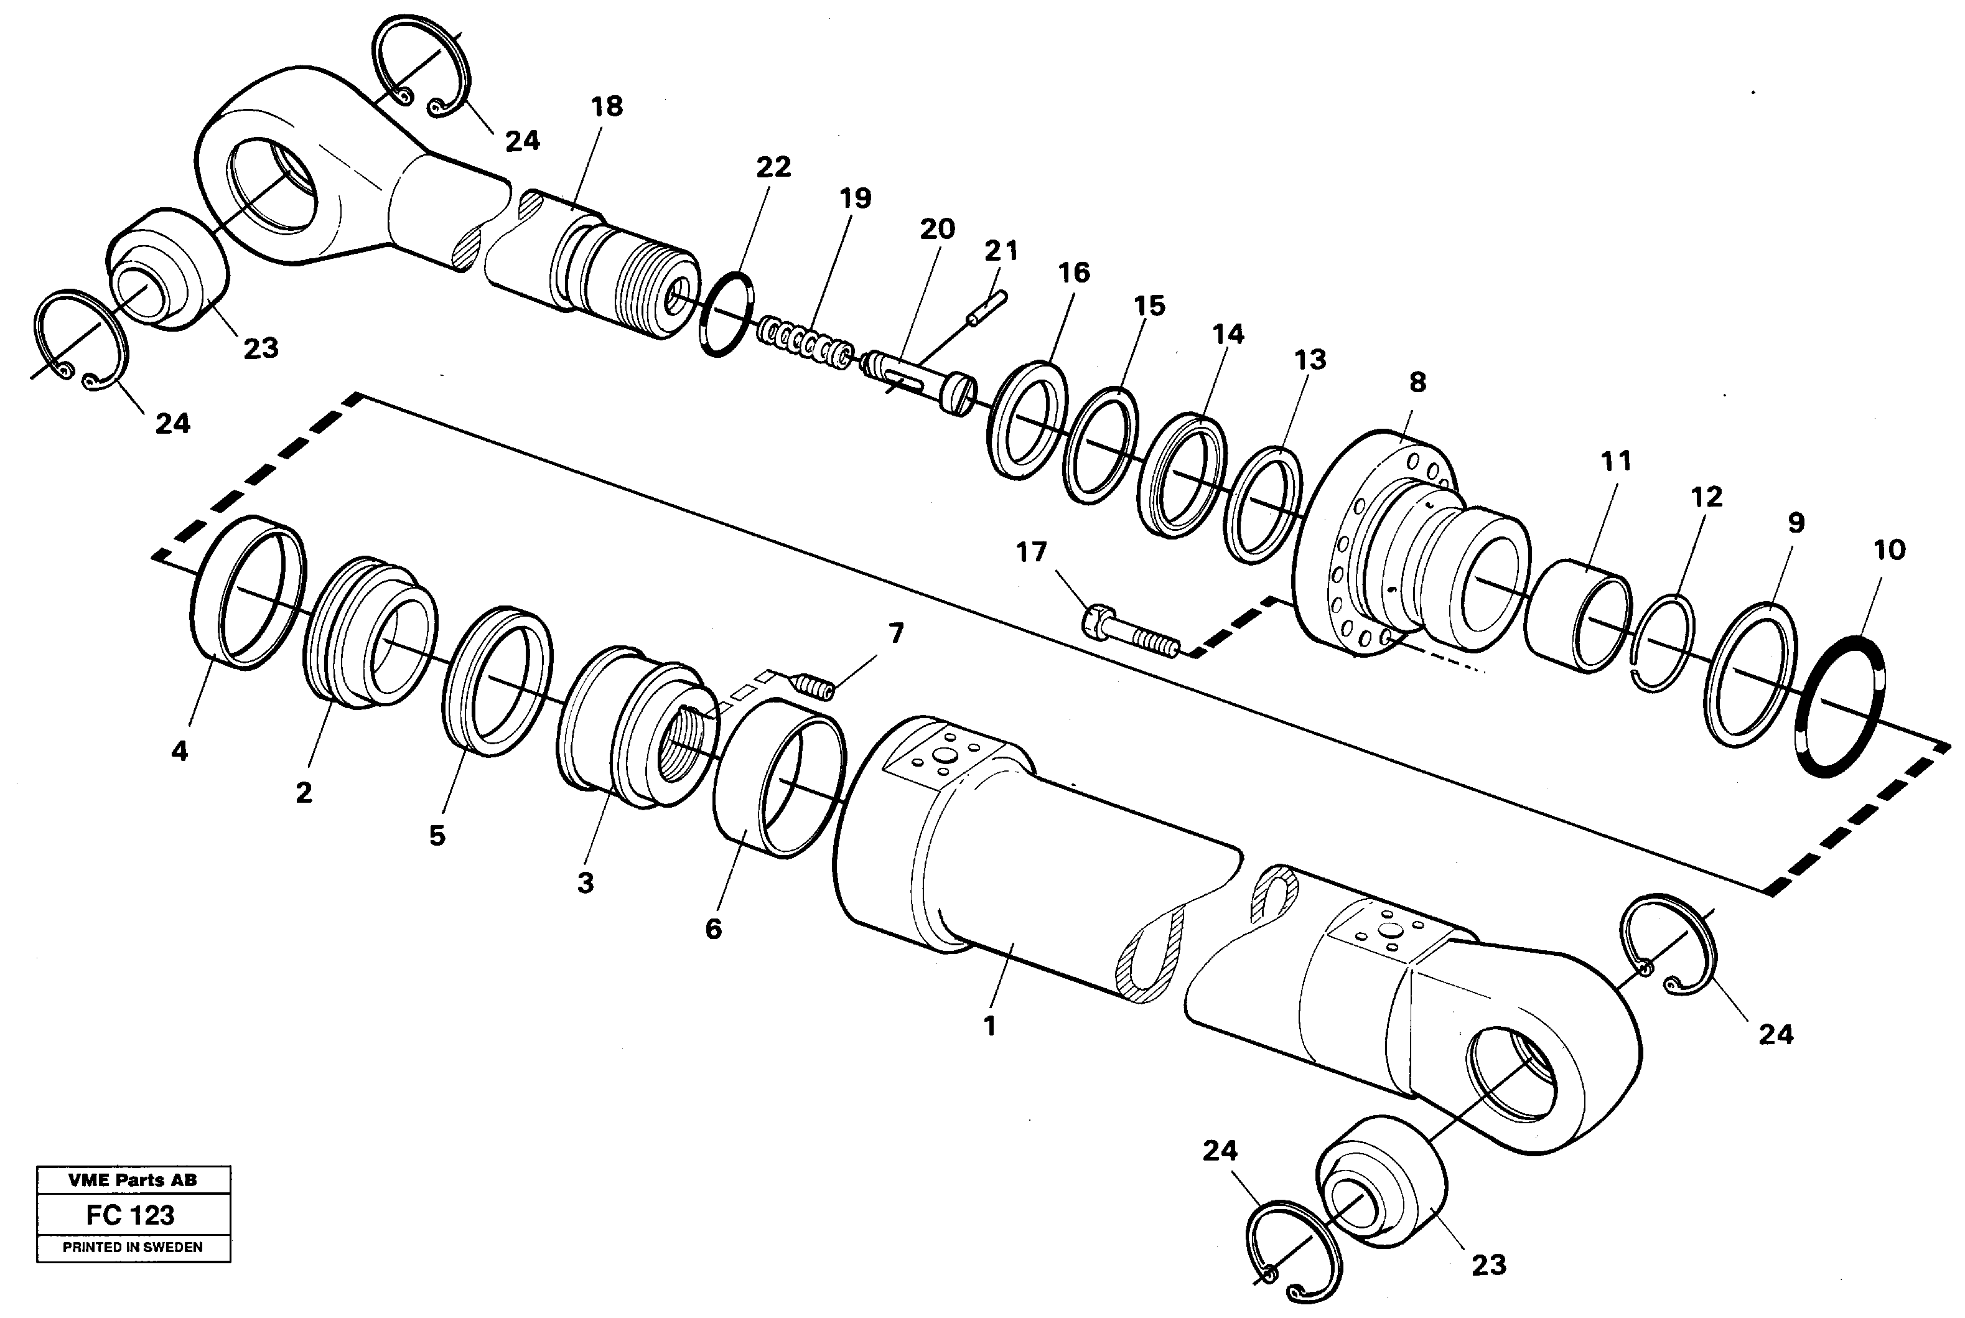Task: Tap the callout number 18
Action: point(606,107)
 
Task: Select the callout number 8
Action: point(1417,383)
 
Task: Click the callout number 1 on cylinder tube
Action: point(989,1026)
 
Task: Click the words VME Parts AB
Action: point(132,1180)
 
